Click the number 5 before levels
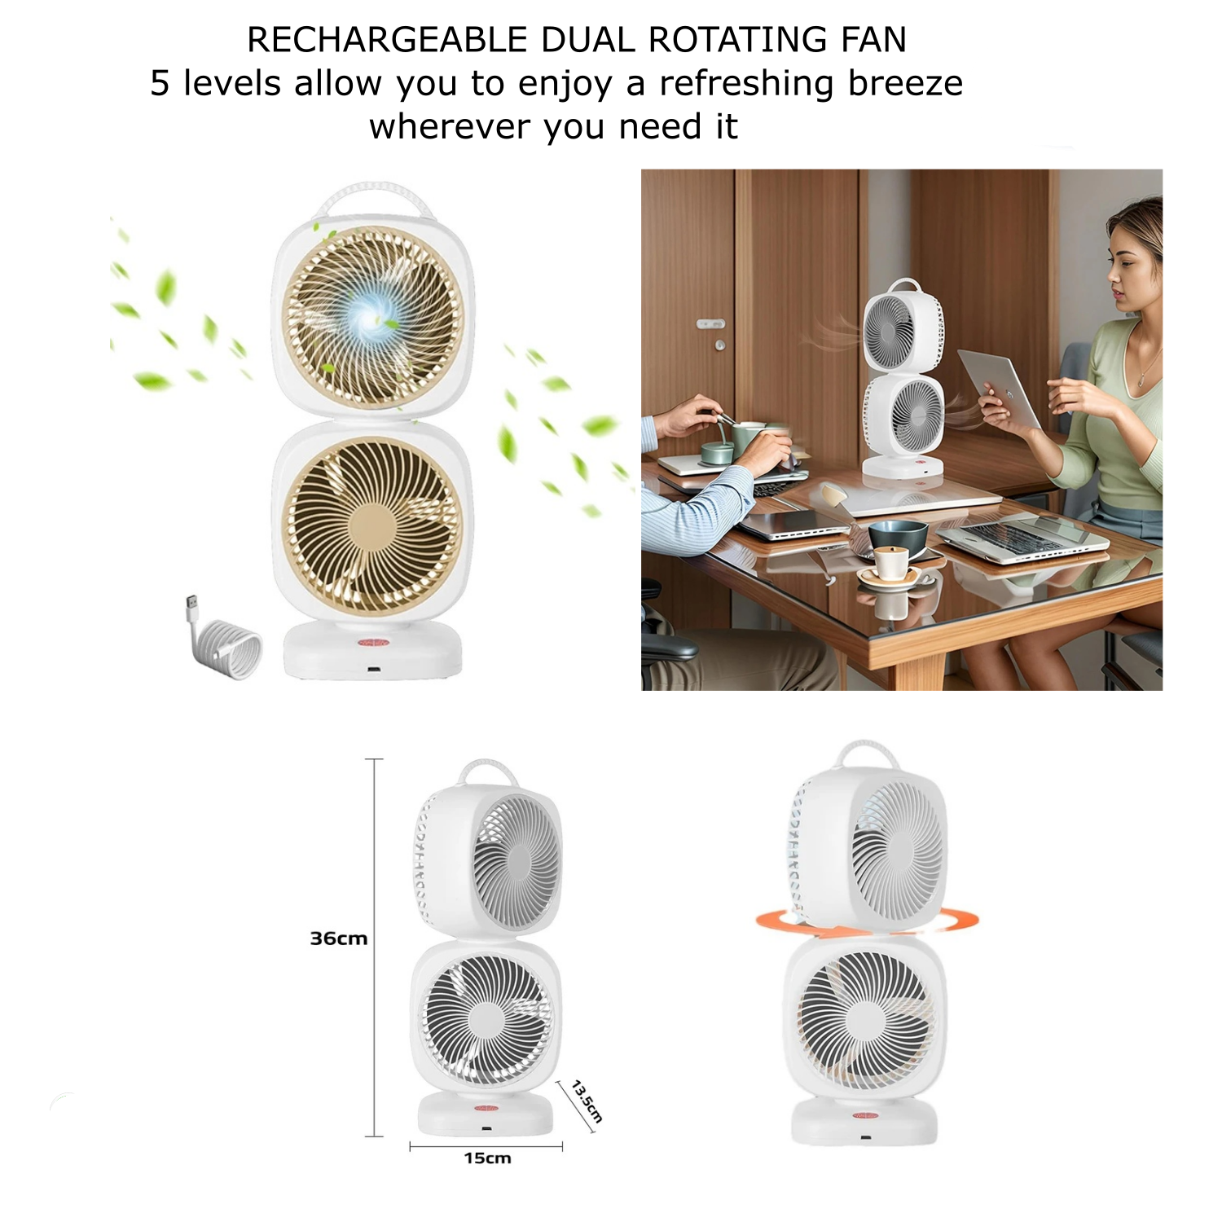(160, 84)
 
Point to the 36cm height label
(339, 938)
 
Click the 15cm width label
(487, 1158)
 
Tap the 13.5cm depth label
(587, 1101)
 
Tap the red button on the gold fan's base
(374, 643)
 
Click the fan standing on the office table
(903, 380)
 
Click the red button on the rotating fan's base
(868, 1115)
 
